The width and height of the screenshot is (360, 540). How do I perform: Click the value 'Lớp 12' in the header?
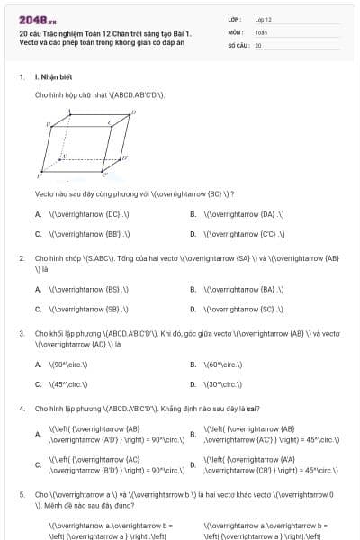tap(263, 18)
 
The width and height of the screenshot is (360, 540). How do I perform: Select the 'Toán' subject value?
tap(261, 31)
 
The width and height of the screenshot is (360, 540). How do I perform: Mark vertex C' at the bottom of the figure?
tap(104, 174)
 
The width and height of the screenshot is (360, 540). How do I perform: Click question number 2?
tap(21, 258)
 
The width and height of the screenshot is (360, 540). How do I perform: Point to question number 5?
tap(21, 494)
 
